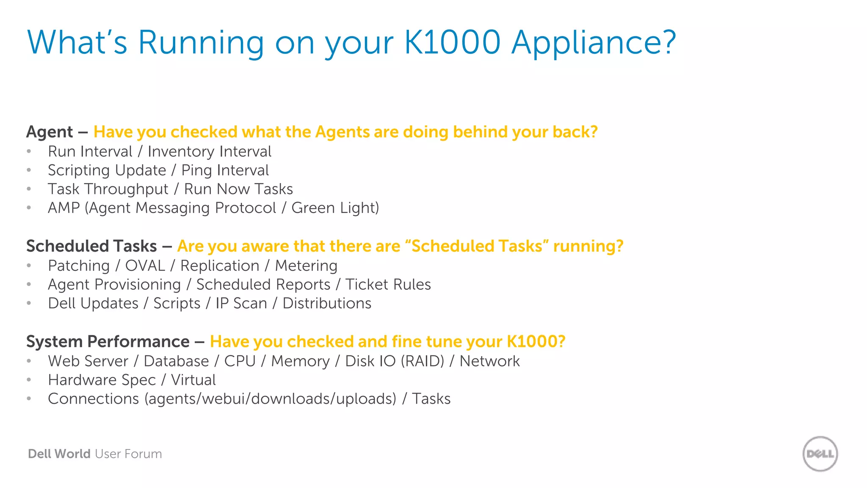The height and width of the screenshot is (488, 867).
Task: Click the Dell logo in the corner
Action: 820,454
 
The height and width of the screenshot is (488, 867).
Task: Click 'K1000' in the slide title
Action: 452,42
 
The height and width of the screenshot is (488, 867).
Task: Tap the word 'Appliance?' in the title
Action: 594,43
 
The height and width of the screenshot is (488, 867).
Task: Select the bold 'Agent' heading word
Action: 50,132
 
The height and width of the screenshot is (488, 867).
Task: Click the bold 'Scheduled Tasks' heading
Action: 91,246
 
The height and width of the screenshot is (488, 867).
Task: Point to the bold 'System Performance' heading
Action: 108,341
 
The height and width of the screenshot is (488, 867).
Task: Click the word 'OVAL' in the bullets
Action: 145,266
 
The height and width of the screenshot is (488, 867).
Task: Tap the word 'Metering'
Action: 306,266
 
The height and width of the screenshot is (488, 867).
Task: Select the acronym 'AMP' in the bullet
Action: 64,208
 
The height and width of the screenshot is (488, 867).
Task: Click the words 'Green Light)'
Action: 335,208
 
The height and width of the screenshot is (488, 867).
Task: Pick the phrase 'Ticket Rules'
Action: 388,285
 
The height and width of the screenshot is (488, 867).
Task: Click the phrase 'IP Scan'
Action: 241,303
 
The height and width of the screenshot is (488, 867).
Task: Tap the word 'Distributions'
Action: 327,303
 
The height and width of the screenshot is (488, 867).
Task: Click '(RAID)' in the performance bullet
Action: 422,361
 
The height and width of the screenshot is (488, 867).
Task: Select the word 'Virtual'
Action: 193,380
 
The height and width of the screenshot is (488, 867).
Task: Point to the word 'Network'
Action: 489,361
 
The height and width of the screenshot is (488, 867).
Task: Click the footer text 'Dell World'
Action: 59,454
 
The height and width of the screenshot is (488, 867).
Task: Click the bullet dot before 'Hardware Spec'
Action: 29,380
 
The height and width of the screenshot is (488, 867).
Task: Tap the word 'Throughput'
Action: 126,189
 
